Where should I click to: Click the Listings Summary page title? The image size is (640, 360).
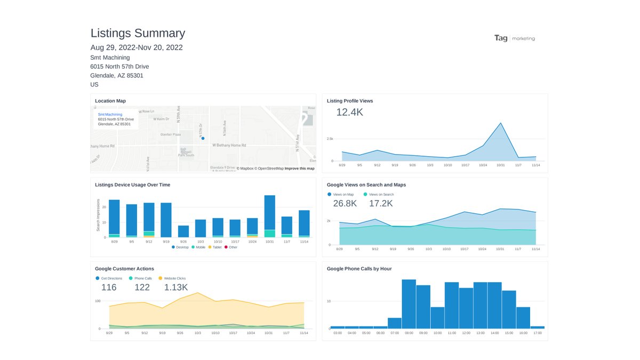coord(138,33)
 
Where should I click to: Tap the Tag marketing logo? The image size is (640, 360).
coord(514,38)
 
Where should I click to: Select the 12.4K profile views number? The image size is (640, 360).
coord(349,112)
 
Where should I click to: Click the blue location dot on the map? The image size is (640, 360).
coord(203,138)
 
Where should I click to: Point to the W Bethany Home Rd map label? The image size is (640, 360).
coord(229,145)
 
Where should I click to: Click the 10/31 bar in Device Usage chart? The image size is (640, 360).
coord(270,216)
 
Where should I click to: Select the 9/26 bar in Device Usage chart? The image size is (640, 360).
coord(183,231)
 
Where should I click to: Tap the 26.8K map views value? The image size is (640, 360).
coord(345,204)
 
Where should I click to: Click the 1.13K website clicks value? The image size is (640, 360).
coord(176,287)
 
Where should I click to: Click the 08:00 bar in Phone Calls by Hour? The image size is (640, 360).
coord(409,304)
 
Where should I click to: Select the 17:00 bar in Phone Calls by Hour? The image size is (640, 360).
coord(538,327)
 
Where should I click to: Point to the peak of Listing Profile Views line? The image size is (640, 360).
coord(501,123)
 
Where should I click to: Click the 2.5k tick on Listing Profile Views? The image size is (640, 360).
coord(329,139)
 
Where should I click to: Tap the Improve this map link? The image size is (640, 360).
coord(299,169)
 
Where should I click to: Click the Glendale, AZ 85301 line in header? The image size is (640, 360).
coord(117,76)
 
